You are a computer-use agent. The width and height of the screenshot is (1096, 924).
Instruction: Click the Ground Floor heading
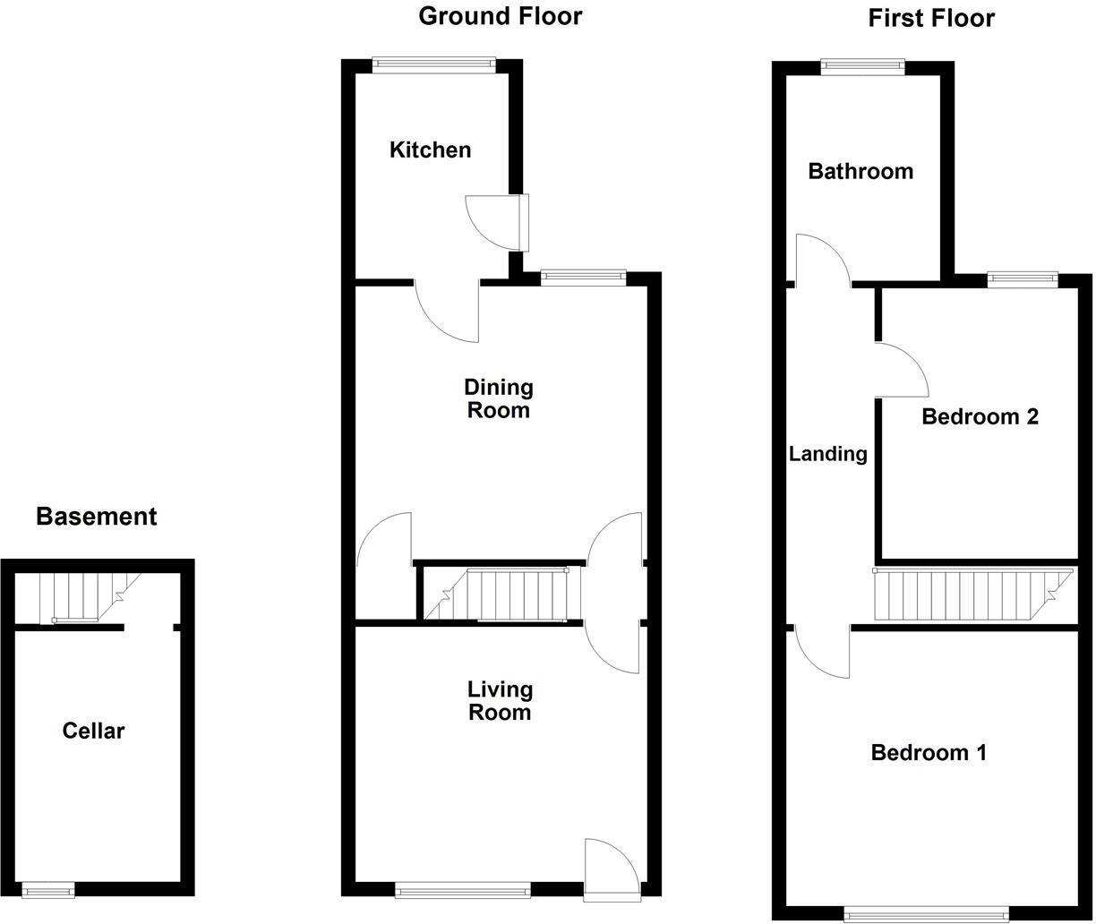point(500,16)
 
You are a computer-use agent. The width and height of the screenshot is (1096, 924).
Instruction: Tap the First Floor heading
point(931,18)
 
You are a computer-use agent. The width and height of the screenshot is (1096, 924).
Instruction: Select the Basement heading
point(96,517)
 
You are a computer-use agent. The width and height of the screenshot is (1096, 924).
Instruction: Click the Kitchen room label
point(430,150)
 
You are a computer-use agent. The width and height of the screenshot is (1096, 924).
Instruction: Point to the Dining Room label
point(498,398)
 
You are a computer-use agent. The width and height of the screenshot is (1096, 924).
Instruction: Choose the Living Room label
point(499,700)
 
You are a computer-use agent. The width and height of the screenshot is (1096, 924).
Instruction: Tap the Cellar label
point(93,731)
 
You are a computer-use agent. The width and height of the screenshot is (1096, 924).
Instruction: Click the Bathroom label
point(861,171)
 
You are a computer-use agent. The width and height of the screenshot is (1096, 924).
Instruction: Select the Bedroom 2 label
point(980,416)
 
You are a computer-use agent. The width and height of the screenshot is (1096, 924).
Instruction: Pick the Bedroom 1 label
point(929,752)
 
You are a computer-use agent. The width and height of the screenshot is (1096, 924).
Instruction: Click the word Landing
point(827,454)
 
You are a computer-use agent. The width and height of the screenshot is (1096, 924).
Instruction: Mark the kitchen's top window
point(433,64)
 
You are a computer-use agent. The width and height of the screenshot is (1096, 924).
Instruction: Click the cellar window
point(48,889)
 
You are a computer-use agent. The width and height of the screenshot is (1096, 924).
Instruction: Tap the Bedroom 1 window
point(926,914)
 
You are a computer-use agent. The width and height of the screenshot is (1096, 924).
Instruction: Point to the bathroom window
point(863,66)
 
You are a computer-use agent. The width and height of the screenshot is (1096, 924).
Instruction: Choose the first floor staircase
point(967,595)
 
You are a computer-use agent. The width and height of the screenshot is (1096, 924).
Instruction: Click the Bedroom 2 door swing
point(903,370)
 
